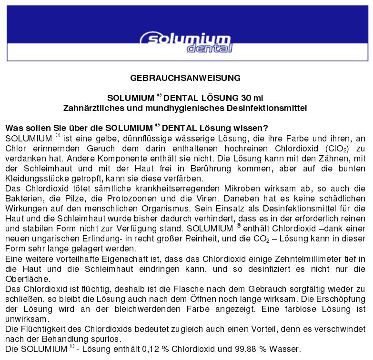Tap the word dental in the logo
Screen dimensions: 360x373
(210, 49)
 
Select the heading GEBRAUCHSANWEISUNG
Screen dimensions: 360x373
(185, 78)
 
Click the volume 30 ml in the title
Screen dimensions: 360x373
(251, 98)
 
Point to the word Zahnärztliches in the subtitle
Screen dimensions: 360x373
(90, 108)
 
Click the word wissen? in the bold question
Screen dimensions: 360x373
(253, 129)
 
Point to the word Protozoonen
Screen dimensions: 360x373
(144, 199)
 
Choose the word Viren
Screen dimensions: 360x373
(213, 199)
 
